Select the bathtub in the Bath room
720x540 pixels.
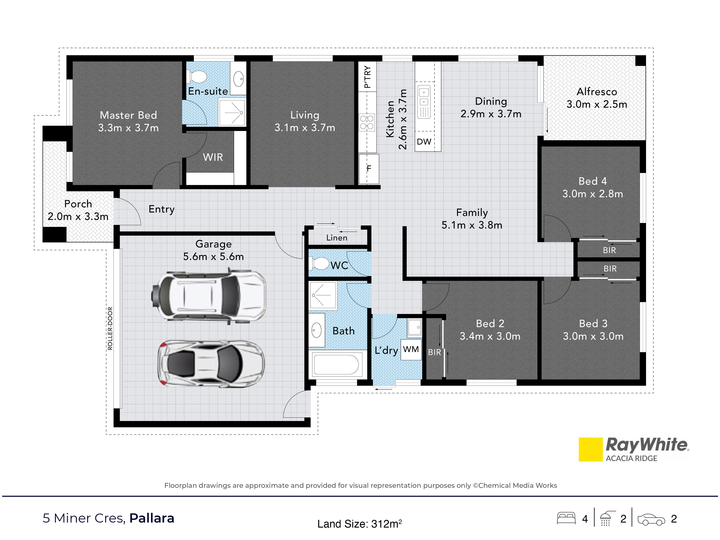336,364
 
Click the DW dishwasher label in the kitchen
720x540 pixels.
424,142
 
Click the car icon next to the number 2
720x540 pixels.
651,520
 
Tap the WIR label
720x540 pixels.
213,157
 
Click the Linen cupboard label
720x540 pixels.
337,238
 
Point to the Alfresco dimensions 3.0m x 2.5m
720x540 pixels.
597,104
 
